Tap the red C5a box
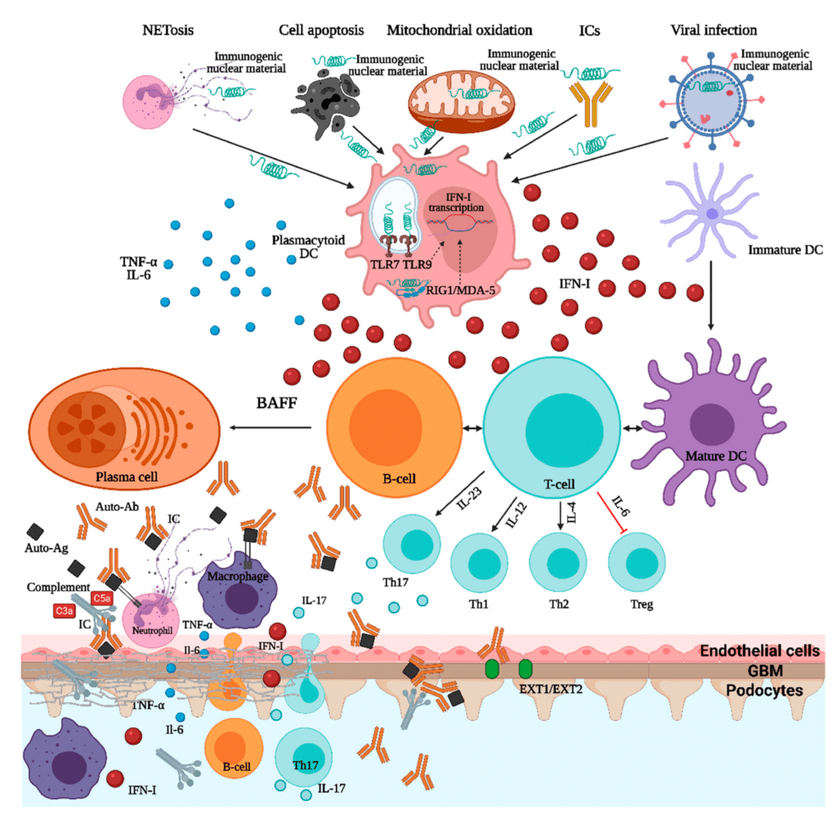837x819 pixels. [x=103, y=598]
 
